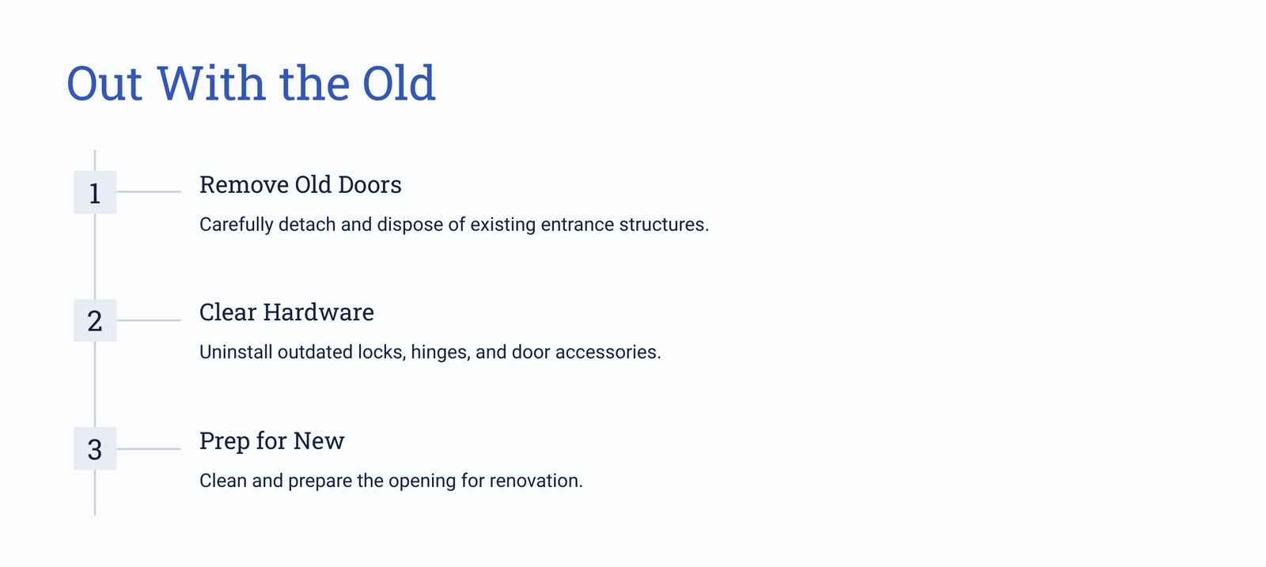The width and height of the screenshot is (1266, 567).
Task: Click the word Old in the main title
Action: (399, 83)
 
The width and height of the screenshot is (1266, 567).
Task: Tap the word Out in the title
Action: (104, 84)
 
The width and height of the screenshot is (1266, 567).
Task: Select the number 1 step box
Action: (95, 192)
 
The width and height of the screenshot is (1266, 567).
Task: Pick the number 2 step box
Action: (95, 320)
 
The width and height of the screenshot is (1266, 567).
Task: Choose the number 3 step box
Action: (95, 448)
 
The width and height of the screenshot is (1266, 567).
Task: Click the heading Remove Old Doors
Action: (301, 185)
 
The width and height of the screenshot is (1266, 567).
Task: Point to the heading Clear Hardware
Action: (286, 312)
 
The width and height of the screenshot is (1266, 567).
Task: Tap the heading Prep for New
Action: (272, 441)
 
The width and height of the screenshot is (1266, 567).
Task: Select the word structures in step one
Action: (664, 225)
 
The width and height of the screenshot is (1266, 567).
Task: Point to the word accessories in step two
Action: (608, 353)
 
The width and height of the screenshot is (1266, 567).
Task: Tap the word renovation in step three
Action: (536, 481)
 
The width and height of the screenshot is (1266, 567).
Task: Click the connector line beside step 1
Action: (149, 191)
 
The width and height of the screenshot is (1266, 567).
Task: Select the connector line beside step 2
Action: (149, 320)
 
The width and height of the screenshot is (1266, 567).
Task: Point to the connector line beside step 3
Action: (149, 449)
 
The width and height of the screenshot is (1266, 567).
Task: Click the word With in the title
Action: (211, 83)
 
